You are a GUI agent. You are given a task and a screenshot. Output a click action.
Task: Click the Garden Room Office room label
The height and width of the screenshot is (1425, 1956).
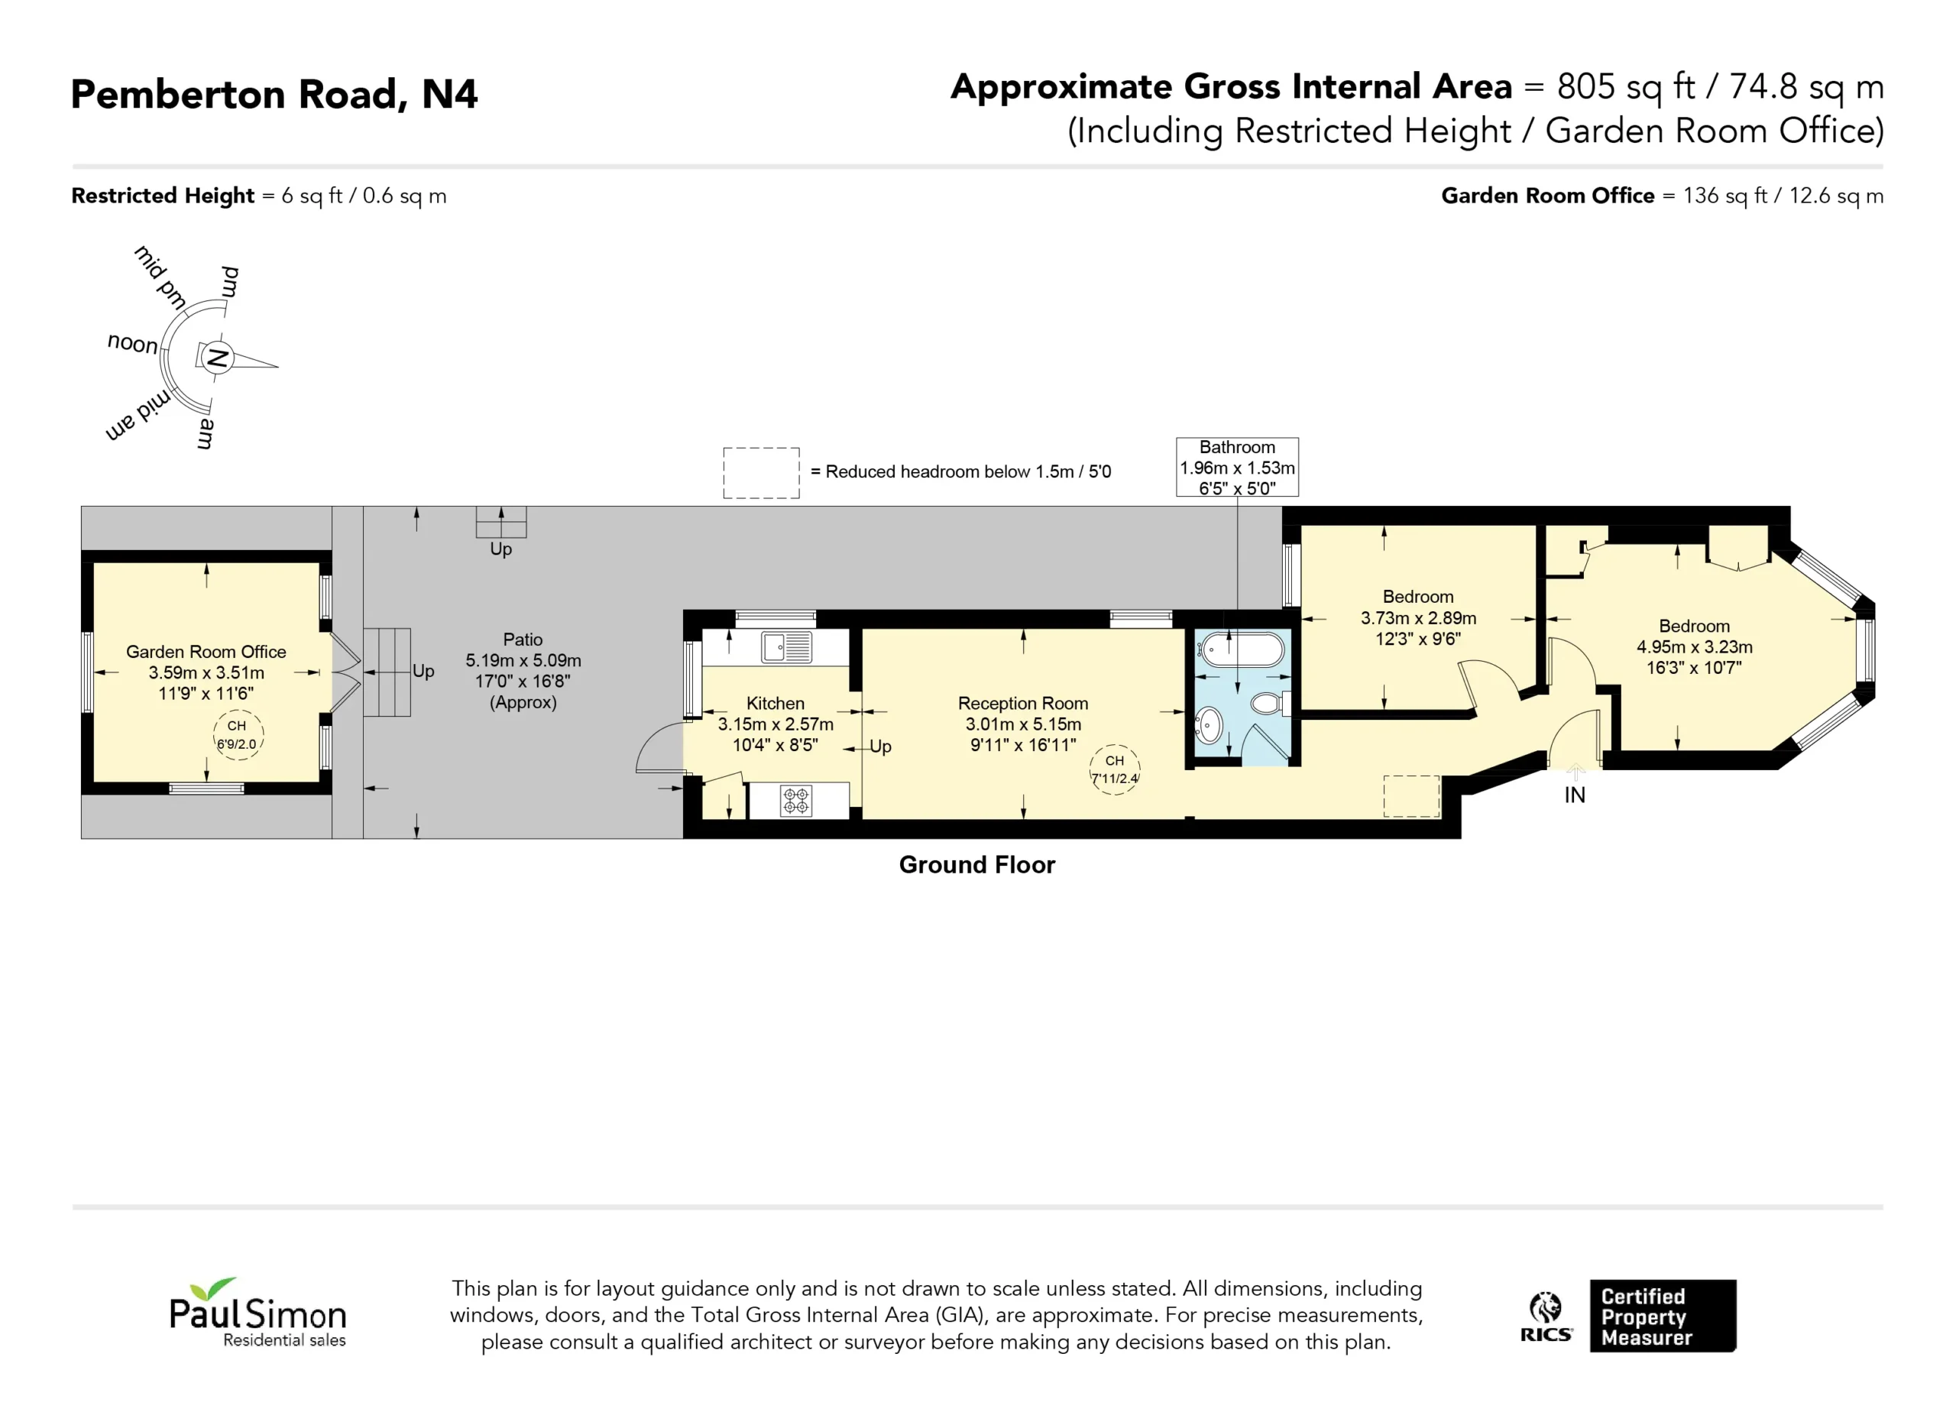[206, 652]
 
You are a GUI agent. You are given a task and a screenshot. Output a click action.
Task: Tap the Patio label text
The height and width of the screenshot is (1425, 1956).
[523, 640]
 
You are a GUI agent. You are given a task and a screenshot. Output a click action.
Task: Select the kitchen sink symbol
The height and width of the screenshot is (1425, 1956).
[786, 647]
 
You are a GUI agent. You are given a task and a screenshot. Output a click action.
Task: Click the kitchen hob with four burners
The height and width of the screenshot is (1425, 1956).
[795, 801]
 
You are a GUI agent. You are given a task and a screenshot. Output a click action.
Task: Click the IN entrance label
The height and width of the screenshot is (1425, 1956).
[1575, 795]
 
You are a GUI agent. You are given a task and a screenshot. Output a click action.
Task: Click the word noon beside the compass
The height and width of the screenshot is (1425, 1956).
[133, 343]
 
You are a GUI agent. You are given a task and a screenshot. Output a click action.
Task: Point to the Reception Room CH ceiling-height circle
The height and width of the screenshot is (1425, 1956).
[1114, 769]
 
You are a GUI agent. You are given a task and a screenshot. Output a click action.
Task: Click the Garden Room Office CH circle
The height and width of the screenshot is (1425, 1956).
[237, 735]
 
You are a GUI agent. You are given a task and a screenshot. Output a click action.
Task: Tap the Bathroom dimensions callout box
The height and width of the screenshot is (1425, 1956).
[1237, 468]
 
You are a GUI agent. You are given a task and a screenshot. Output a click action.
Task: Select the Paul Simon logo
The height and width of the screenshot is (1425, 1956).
[257, 1312]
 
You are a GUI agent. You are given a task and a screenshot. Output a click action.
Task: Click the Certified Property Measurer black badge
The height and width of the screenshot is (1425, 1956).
[1663, 1317]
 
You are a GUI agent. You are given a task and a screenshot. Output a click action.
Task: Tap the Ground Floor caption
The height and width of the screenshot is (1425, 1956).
[977, 865]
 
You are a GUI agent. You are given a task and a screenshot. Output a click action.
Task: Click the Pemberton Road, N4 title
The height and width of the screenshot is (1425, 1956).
[274, 94]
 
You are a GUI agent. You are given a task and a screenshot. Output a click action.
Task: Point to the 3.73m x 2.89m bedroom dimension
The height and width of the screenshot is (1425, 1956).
[1418, 618]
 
